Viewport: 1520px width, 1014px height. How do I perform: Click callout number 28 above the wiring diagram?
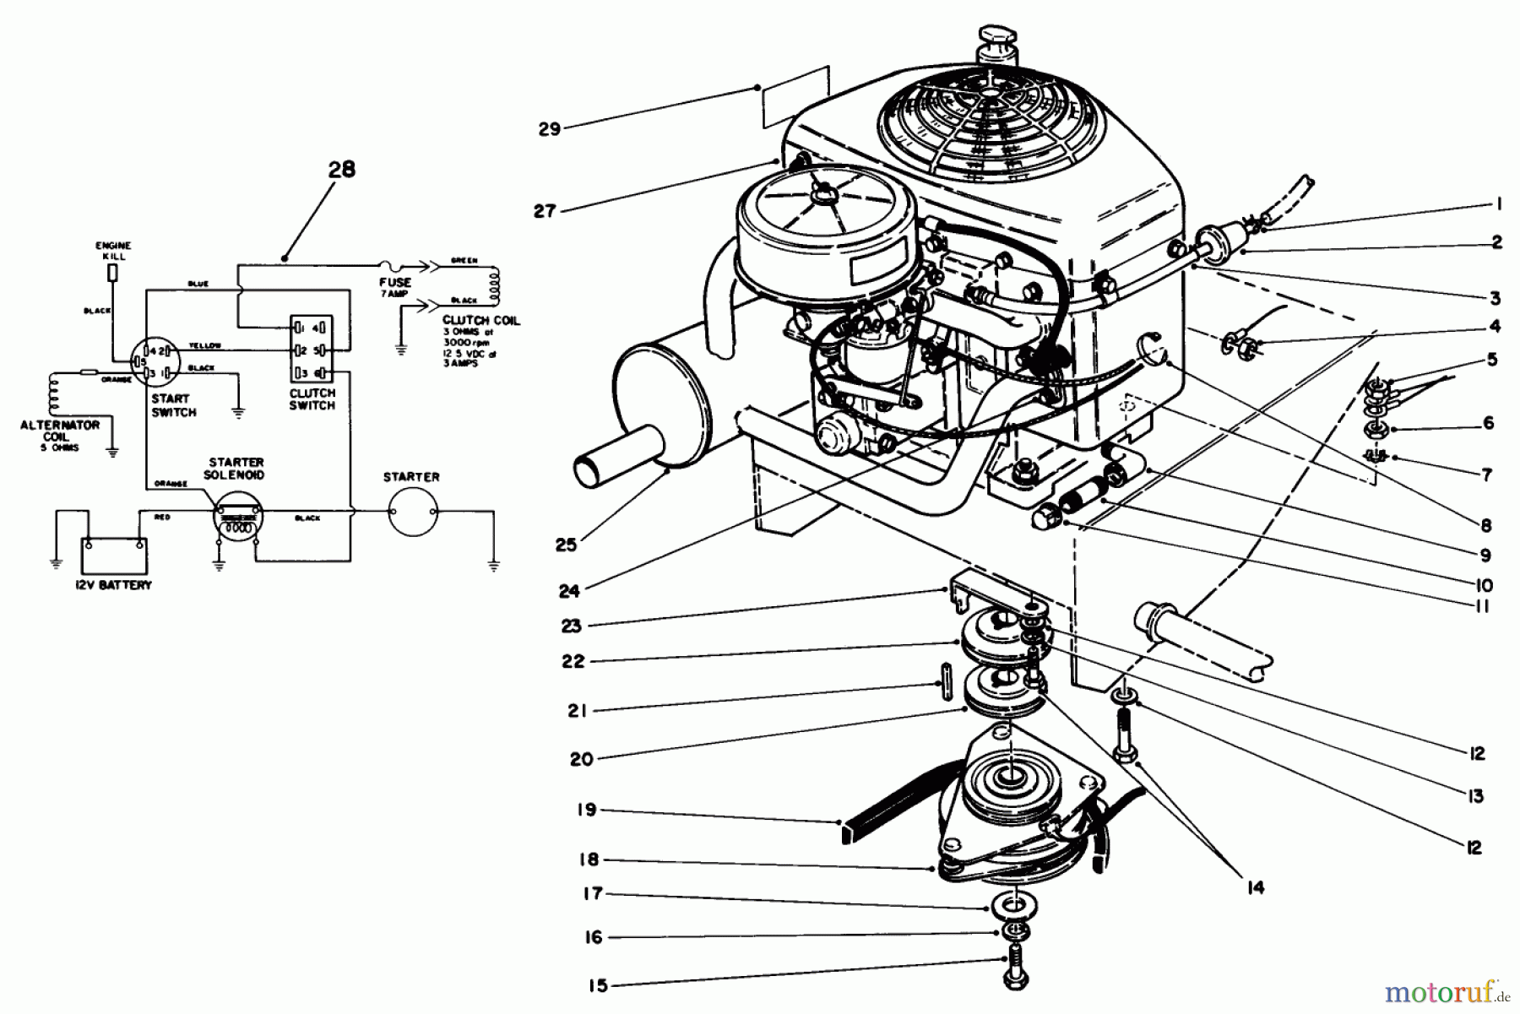coord(342,169)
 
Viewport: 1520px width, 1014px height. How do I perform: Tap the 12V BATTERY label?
coord(112,585)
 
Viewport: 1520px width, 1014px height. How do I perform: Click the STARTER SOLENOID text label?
coord(236,469)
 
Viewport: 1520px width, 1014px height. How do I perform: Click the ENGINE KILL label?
coord(113,251)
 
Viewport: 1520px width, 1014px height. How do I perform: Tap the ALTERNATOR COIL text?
coord(59,431)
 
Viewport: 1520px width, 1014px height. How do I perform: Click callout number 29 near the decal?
coord(550,129)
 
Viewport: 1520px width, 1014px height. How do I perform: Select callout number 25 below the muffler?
coord(566,545)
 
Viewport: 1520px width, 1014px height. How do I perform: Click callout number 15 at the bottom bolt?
coord(597,984)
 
